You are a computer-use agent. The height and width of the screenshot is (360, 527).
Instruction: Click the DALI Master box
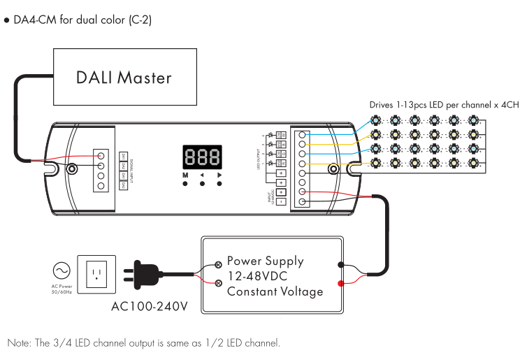pos(124,77)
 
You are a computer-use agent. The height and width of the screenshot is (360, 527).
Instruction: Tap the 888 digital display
pos(203,156)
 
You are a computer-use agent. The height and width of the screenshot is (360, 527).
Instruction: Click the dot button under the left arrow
pos(203,185)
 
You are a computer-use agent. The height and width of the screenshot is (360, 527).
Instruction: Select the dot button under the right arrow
pos(220,185)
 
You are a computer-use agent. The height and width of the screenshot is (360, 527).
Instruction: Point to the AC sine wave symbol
pos(61,269)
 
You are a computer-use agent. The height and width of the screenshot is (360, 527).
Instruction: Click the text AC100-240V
pos(148,307)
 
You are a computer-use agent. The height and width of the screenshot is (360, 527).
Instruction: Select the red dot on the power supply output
pos(340,283)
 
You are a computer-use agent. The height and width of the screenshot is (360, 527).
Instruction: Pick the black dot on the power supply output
pos(340,265)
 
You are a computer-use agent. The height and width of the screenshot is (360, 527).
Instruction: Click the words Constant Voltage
pos(275,291)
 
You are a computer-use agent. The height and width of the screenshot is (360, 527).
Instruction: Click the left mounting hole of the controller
pos(72,168)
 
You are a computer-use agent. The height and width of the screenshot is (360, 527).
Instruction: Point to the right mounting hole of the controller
pos(335,168)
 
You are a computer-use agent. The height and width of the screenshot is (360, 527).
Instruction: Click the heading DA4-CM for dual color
pos(81,20)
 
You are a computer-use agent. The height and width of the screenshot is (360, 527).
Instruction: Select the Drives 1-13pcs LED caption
pos(444,105)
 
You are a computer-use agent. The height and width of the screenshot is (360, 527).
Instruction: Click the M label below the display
pos(185,175)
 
